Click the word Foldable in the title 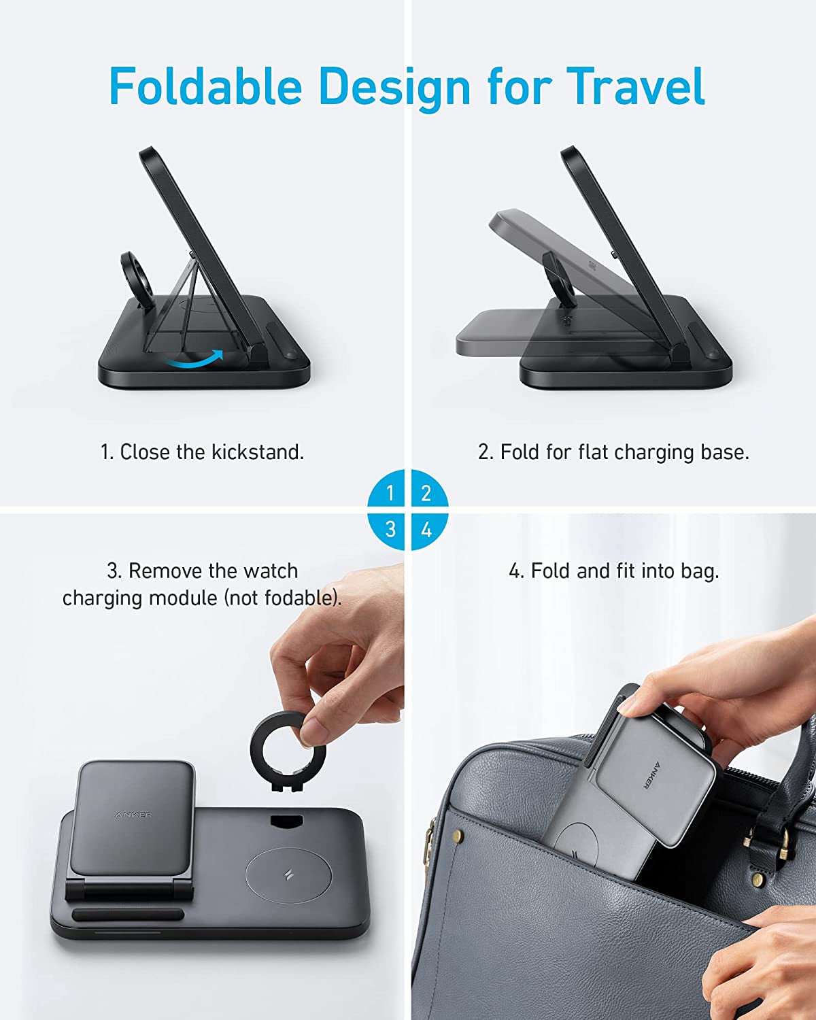[205, 86]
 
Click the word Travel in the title [635, 86]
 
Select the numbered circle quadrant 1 [390, 492]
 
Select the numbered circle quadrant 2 [426, 492]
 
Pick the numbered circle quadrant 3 [390, 529]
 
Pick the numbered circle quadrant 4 [426, 529]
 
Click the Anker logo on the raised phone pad [133, 815]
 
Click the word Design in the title [394, 86]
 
